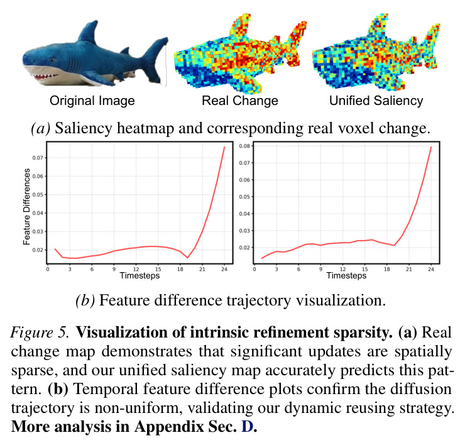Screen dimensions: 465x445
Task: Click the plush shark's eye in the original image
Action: pyautogui.click(x=53, y=60)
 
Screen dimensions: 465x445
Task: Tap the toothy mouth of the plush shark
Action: pyautogui.click(x=45, y=77)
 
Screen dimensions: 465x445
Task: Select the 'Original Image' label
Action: pyautogui.click(x=92, y=101)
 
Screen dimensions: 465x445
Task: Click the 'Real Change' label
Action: pyautogui.click(x=240, y=101)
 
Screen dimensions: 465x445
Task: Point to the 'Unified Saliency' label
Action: pyautogui.click(x=376, y=101)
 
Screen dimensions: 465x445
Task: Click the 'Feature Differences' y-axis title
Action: pyautogui.click(x=27, y=207)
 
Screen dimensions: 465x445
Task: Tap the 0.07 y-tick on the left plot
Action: pyautogui.click(x=38, y=158)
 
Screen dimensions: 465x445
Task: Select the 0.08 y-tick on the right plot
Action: pyautogui.click(x=244, y=146)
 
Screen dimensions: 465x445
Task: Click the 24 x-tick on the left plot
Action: pyautogui.click(x=224, y=270)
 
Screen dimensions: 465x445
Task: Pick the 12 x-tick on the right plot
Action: pyautogui.click(x=343, y=270)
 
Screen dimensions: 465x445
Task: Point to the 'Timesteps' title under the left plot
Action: pyautogui.click(x=139, y=275)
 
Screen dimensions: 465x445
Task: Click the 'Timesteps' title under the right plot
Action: pyautogui.click(x=346, y=275)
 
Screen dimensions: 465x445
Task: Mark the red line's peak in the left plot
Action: pyautogui.click(x=224, y=147)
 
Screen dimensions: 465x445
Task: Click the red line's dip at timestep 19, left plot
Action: pyautogui.click(x=187, y=258)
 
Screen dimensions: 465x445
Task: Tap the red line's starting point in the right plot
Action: pyautogui.click(x=261, y=258)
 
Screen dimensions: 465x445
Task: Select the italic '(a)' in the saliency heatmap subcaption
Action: pyautogui.click(x=40, y=128)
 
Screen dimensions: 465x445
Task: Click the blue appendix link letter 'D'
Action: pyautogui.click(x=247, y=427)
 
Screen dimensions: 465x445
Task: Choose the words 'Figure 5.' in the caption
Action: pyautogui.click(x=40, y=332)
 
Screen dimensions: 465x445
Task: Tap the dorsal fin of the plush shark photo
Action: pyautogui.click(x=89, y=32)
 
